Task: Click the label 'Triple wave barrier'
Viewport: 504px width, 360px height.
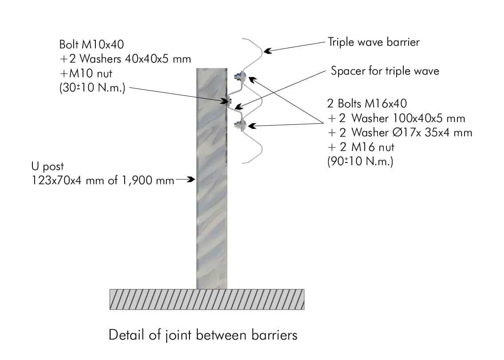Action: coord(374,42)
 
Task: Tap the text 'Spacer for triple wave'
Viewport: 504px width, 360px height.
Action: coord(385,71)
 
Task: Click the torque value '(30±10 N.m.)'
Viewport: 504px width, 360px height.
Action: coord(92,88)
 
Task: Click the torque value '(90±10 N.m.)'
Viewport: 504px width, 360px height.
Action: coord(360,161)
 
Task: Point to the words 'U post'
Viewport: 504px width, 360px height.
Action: coord(47,167)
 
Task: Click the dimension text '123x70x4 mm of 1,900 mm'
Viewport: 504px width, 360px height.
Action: coord(103,181)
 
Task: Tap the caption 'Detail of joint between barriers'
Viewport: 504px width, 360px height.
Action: coord(203,335)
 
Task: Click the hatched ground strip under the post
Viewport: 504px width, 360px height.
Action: coord(207,299)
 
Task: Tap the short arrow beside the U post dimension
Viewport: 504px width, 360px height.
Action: coord(186,180)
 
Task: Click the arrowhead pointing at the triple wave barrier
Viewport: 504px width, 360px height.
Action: coord(267,50)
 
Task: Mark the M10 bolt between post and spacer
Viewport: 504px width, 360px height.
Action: coord(229,101)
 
